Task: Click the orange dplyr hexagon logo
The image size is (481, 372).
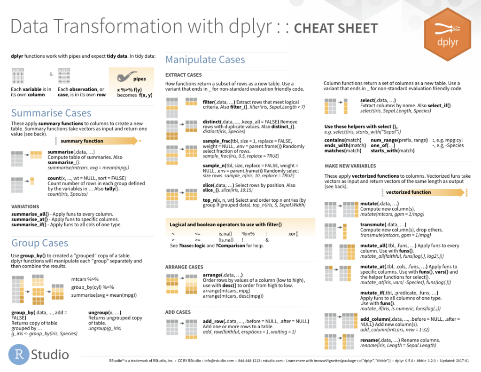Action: tap(448, 34)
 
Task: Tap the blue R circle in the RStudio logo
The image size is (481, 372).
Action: tap(19, 354)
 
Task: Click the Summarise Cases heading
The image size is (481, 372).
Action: tap(51, 113)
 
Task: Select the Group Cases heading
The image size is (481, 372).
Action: tap(40, 243)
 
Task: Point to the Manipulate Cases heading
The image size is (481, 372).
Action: tap(205, 59)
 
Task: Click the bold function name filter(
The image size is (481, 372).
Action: tap(209, 102)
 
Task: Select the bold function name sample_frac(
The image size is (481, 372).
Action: tap(216, 141)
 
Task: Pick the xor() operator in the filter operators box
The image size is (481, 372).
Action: tap(293, 234)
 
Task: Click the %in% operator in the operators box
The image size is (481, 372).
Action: tap(248, 234)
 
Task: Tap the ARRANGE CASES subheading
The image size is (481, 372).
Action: tap(184, 267)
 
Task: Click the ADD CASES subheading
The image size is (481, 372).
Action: tap(178, 312)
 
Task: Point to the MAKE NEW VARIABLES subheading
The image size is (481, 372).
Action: tap(350, 166)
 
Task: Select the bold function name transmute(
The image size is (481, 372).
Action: tap(373, 224)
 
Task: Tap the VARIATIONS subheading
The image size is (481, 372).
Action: tap(25, 207)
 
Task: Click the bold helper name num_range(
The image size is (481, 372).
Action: tap(384, 140)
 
